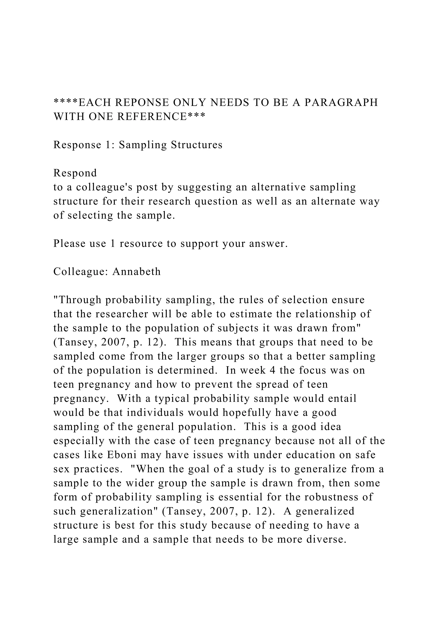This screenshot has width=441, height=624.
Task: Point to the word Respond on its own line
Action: [x=75, y=173]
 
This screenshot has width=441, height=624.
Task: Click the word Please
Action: [x=69, y=243]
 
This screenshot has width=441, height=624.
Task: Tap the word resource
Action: [x=141, y=243]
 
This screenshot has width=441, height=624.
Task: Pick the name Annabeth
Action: [x=137, y=271]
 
